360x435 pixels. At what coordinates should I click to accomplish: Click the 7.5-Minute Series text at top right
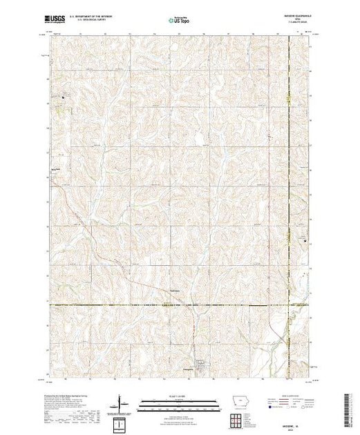294,24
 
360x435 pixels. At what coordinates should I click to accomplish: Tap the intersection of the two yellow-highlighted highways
287,304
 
